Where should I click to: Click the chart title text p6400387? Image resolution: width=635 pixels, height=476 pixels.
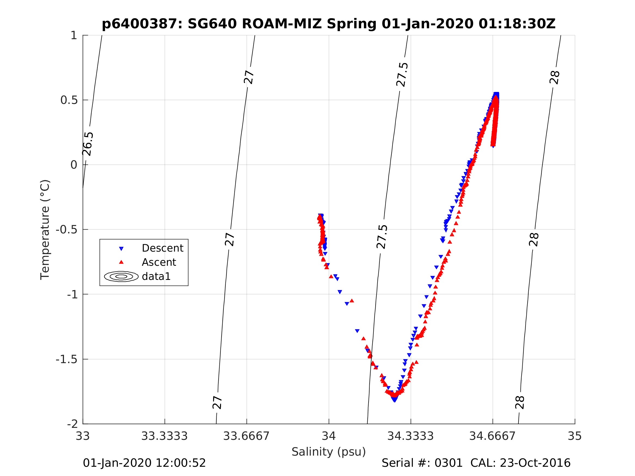142,24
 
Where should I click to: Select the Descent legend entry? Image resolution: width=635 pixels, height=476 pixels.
162,248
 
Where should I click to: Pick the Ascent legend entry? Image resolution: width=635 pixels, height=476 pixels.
159,262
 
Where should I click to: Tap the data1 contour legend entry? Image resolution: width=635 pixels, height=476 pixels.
156,276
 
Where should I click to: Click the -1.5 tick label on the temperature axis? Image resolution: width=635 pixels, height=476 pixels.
66,360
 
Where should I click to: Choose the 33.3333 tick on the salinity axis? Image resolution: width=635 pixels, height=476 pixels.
164,436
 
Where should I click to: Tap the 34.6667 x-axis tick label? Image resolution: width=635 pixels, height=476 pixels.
492,436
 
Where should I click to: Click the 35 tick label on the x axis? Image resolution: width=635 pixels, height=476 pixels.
574,436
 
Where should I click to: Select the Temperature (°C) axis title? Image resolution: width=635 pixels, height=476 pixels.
45,230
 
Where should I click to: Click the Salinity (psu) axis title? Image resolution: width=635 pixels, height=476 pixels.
329,452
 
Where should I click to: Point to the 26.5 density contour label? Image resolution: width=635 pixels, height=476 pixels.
88,144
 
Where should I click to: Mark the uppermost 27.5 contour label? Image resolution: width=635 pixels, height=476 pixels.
402,75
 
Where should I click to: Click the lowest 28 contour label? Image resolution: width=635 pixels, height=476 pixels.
520,403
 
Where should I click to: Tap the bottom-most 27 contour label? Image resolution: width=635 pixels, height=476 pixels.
217,403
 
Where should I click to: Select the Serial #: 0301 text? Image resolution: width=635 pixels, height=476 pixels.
422,463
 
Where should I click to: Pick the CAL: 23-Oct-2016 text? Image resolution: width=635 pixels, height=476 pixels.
520,463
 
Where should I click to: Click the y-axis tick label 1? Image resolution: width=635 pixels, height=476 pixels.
74,36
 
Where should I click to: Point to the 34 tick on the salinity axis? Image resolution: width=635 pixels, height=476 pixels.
329,436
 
